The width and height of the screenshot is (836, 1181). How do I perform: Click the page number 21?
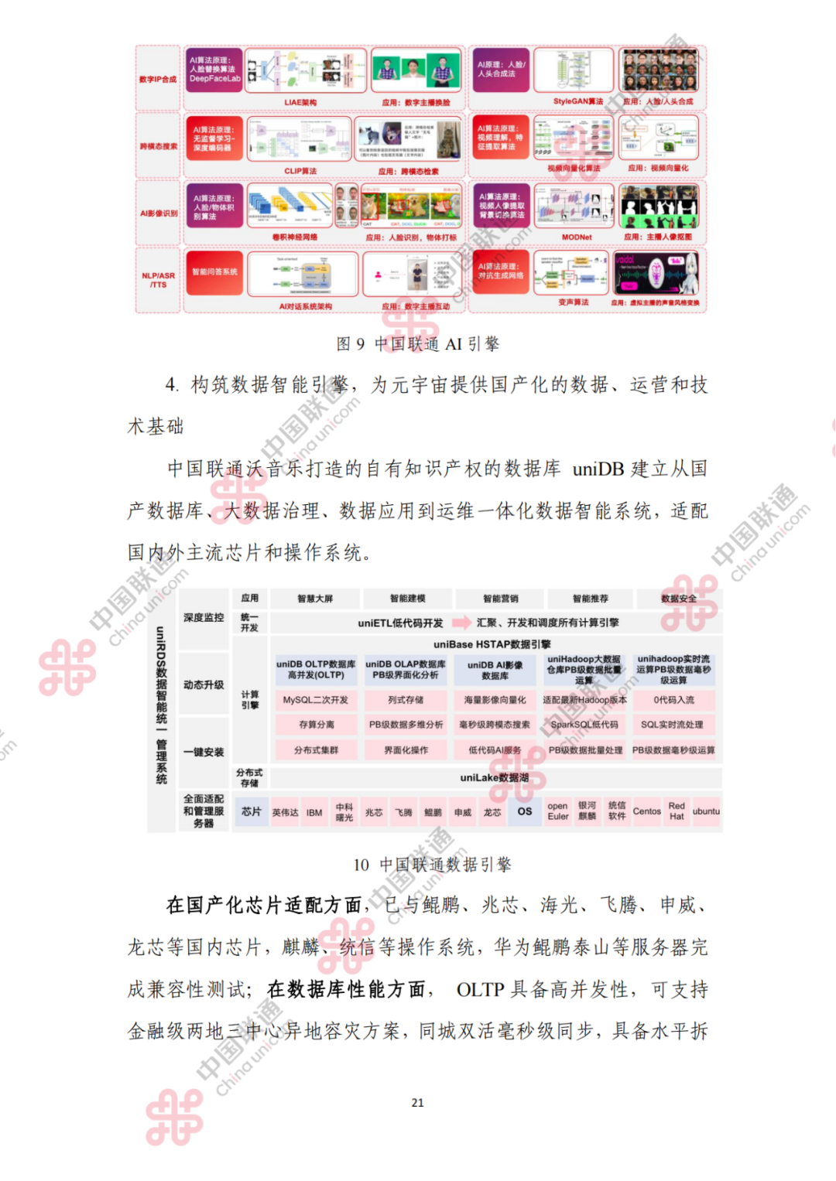[x=418, y=1102]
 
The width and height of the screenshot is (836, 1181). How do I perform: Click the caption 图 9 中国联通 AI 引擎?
[x=418, y=344]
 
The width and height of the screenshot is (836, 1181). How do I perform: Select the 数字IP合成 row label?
[x=158, y=79]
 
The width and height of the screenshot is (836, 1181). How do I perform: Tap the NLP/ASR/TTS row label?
[x=158, y=280]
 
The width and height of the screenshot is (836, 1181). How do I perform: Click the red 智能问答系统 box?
[x=214, y=272]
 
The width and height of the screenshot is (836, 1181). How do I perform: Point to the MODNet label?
[x=577, y=237]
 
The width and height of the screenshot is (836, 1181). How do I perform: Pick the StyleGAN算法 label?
[x=578, y=101]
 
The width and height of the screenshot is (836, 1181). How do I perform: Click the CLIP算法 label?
[x=300, y=171]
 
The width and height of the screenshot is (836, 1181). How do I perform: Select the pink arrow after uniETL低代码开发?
[x=461, y=623]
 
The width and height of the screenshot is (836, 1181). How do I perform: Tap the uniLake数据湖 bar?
[x=495, y=777]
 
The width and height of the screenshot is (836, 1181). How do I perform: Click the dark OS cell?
[x=525, y=811]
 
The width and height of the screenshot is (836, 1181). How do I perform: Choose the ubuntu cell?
[x=706, y=811]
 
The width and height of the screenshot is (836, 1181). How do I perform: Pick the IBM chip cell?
[x=314, y=813]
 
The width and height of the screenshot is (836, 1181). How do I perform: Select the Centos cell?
[x=647, y=811]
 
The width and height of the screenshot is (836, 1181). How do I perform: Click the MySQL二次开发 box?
[x=316, y=700]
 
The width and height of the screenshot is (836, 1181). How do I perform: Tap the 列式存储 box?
[x=406, y=700]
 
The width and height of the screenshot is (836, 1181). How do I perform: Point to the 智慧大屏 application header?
[x=316, y=599]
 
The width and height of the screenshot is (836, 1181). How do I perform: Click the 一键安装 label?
[x=204, y=752]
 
